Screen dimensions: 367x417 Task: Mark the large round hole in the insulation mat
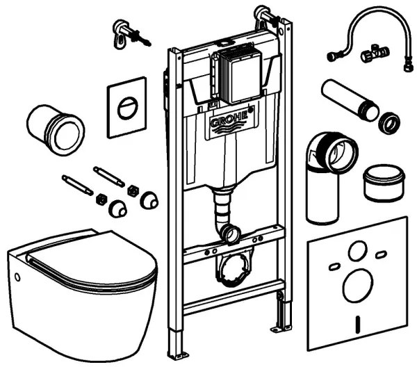point(356,288)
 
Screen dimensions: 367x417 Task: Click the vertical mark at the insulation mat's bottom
point(357,323)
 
